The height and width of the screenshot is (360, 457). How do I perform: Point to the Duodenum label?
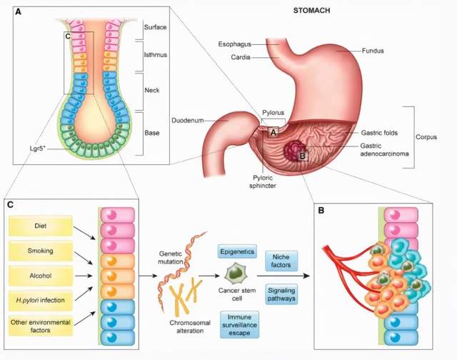coord(186,120)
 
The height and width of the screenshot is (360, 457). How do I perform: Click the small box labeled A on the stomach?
coord(273,132)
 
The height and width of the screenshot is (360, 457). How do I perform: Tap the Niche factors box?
coord(281,260)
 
